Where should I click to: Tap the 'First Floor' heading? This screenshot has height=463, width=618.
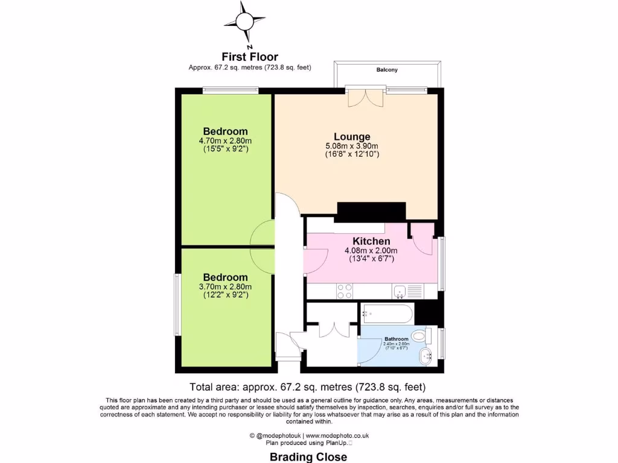coord(250,57)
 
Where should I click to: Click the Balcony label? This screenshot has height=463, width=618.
coord(387,70)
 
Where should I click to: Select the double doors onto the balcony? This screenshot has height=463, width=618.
coord(365,96)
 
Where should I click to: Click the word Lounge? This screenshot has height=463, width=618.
coord(352,137)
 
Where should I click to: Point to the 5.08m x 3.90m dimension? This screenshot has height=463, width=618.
coord(352,146)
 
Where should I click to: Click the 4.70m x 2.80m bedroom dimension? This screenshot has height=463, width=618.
coord(225,140)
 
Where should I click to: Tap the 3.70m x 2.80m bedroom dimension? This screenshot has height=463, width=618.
coord(225,286)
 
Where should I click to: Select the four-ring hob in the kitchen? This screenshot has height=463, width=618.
coord(345,291)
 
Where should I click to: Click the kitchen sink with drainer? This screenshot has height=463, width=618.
coord(409,292)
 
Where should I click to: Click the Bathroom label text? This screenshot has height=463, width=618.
coord(396,339)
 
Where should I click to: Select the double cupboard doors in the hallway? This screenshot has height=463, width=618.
coord(334,330)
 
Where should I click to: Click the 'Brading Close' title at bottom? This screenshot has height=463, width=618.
coord(308,456)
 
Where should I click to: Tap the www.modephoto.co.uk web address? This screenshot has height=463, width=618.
coord(337,435)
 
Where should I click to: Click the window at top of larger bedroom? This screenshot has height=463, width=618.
coord(230,90)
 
